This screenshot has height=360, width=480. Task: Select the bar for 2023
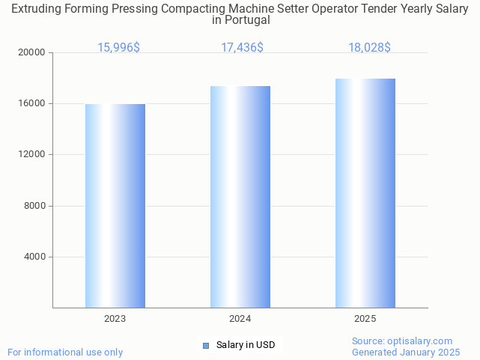tap(115, 206)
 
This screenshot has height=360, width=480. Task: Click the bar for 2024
tap(240, 197)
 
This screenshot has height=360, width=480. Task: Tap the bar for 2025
tap(365, 193)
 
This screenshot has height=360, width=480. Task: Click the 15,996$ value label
tap(118, 48)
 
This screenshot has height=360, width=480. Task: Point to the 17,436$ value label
tap(242, 48)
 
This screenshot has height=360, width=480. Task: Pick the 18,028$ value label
tap(369, 48)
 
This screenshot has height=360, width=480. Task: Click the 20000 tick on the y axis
tap(33, 53)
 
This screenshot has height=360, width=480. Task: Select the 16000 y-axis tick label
tap(33, 104)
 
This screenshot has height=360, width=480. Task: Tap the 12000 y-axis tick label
tap(33, 155)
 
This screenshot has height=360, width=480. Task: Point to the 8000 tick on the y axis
tap(35, 206)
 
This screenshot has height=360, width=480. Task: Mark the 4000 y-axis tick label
tap(35, 257)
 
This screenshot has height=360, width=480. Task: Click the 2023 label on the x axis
tap(115, 319)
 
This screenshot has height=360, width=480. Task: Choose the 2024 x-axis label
tap(240, 319)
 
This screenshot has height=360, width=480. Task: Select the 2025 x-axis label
tap(365, 319)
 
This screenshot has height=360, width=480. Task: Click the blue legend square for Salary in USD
tap(206, 345)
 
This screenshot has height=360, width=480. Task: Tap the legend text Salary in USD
tap(246, 345)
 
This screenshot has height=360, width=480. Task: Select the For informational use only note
tap(65, 352)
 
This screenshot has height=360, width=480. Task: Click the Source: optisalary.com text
tap(402, 341)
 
